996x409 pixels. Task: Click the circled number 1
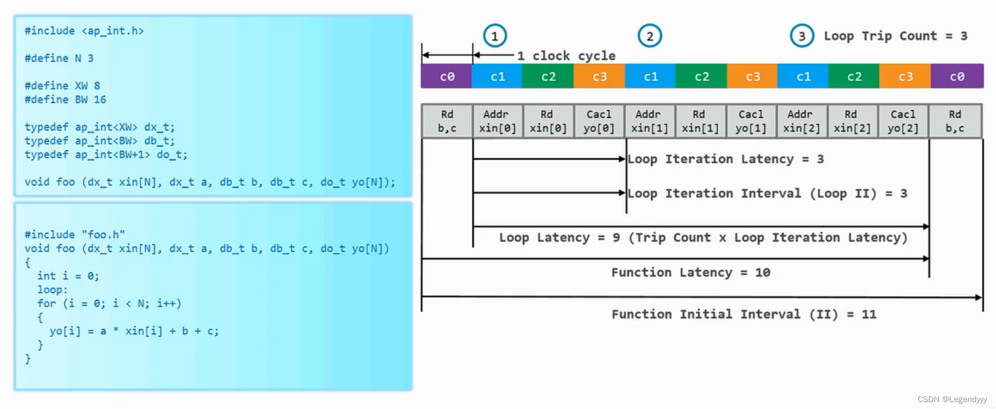click(495, 36)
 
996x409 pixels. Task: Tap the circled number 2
click(650, 36)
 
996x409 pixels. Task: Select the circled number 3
click(802, 36)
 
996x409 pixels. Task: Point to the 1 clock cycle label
click(566, 56)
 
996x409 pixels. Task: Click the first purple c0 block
click(446, 76)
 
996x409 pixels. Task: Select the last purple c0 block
click(957, 76)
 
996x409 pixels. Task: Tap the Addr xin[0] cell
click(497, 121)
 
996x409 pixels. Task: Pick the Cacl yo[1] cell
click(750, 121)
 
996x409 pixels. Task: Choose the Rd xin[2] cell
click(852, 121)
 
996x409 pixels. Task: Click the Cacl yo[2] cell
click(903, 121)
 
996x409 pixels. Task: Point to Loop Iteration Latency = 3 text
click(725, 159)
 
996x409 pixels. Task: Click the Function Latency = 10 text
click(690, 273)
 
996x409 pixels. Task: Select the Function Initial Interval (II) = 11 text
click(744, 314)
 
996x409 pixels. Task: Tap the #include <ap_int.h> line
click(84, 31)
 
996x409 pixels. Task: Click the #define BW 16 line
click(65, 100)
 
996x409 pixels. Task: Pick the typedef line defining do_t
click(106, 155)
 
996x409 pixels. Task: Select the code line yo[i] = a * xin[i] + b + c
click(134, 331)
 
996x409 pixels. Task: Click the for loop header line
click(109, 304)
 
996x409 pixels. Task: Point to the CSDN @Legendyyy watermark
click(952, 399)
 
